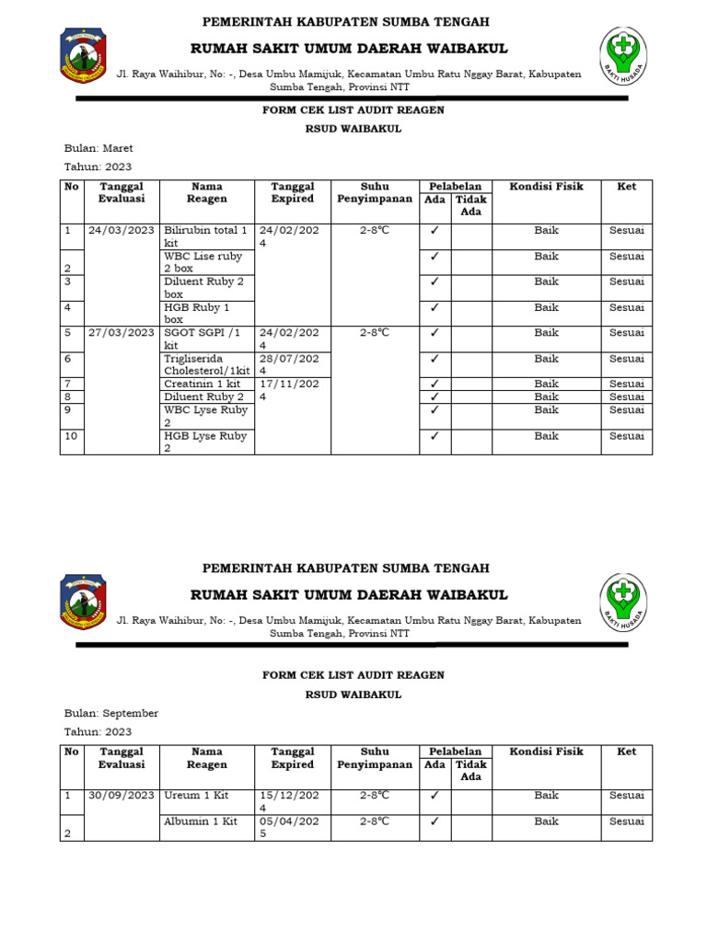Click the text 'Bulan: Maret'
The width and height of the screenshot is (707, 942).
tap(99, 148)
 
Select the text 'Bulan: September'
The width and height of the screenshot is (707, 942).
tap(110, 713)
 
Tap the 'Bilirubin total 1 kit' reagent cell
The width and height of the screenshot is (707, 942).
tap(205, 236)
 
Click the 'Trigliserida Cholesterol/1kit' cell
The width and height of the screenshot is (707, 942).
tap(206, 365)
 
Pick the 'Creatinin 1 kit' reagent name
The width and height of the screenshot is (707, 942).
tap(202, 384)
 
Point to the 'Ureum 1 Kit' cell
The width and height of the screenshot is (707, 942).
tap(196, 795)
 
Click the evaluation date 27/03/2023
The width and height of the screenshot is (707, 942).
tap(122, 333)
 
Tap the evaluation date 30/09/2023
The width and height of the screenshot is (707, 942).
tap(122, 795)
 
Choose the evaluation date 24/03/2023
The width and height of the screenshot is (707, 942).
tap(122, 230)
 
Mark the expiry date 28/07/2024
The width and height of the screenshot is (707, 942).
tap(289, 365)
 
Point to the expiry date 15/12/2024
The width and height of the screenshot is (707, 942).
tap(289, 801)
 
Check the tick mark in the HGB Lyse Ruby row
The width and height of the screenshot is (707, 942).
tap(435, 436)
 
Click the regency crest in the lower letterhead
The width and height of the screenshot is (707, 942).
tap(83, 602)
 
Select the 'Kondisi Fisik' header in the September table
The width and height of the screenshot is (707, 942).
tap(546, 752)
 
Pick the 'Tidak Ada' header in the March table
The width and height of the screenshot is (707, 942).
tap(470, 205)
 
